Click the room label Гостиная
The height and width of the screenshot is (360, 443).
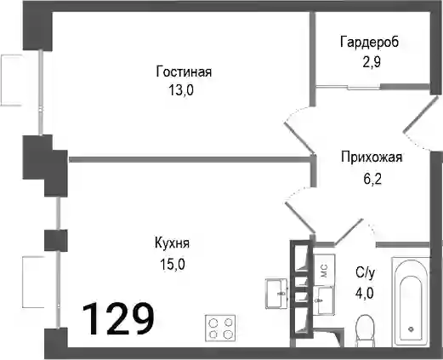pyautogui.click(x=184, y=71)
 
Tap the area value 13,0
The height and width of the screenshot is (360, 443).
pyautogui.click(x=181, y=91)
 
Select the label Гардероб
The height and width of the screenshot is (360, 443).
pyautogui.click(x=369, y=42)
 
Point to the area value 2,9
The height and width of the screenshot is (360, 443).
pyautogui.click(x=372, y=62)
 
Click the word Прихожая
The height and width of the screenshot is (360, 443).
pyautogui.click(x=372, y=157)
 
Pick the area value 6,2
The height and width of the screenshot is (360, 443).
pyautogui.click(x=372, y=179)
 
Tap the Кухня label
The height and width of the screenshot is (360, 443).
pyautogui.click(x=173, y=243)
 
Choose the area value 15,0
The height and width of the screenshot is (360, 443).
pyautogui.click(x=173, y=265)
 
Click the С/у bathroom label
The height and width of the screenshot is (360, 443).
pyautogui.click(x=366, y=273)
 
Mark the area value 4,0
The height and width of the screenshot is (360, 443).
pyautogui.click(x=365, y=293)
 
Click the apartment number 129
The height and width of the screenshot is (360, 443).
pyautogui.click(x=118, y=318)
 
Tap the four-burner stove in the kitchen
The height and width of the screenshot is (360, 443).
pyautogui.click(x=220, y=328)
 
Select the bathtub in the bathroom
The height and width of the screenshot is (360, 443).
pyautogui.click(x=411, y=302)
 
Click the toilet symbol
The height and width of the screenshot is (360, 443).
pyautogui.click(x=366, y=330)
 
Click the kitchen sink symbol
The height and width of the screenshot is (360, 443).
pyautogui.click(x=277, y=294)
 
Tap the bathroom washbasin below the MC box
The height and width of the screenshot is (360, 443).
pyautogui.click(x=325, y=300)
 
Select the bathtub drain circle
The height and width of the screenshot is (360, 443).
pyautogui.click(x=411, y=329)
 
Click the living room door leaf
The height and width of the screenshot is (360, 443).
pyautogui.click(x=299, y=138)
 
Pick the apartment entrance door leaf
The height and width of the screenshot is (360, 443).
pyautogui.click(x=422, y=114)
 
